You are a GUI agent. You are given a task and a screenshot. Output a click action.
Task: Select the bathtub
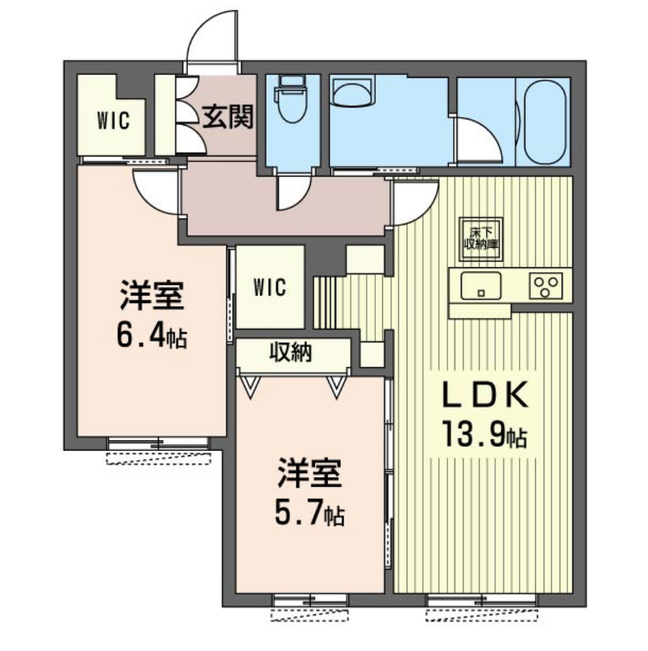[x=545, y=122]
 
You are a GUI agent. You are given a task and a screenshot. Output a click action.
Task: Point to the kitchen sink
[x=480, y=286]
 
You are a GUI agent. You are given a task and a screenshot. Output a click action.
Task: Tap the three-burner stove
[x=546, y=286]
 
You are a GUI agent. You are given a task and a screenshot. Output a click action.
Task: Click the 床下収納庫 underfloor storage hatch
[x=481, y=239]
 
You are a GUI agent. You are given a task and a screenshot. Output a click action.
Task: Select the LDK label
[x=486, y=395]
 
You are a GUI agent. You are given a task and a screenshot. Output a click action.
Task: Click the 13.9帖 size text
[x=485, y=434]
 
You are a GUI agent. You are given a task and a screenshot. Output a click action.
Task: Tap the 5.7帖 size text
[x=309, y=514]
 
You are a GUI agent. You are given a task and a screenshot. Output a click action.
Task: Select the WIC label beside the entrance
[x=114, y=121]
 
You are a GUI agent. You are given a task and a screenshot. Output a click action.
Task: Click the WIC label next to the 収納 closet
[x=270, y=287]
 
